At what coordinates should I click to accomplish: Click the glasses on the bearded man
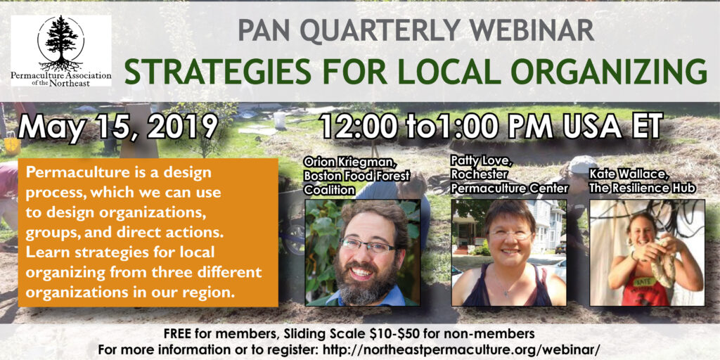point(367,246)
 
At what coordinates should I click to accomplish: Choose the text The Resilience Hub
point(641,188)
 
